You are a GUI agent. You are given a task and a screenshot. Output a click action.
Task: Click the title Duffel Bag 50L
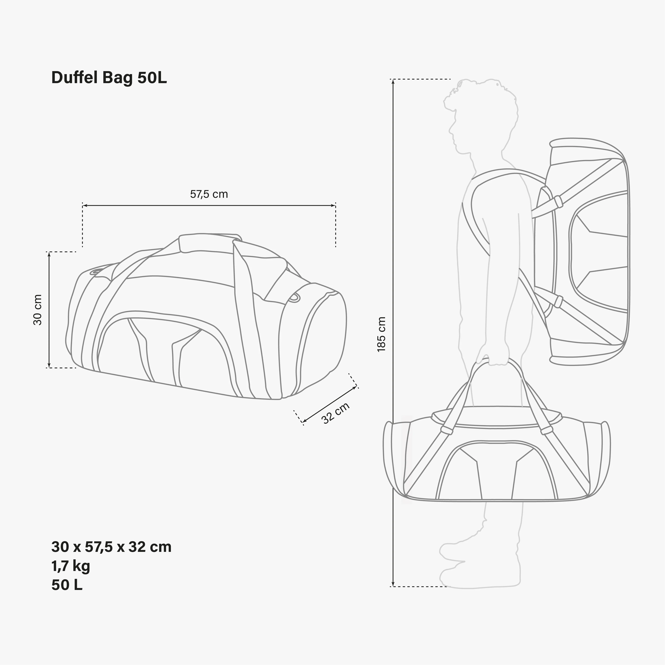point(109,78)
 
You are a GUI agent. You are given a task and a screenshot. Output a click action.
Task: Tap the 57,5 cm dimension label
point(209,194)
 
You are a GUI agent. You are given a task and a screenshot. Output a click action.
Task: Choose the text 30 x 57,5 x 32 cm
point(111,547)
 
